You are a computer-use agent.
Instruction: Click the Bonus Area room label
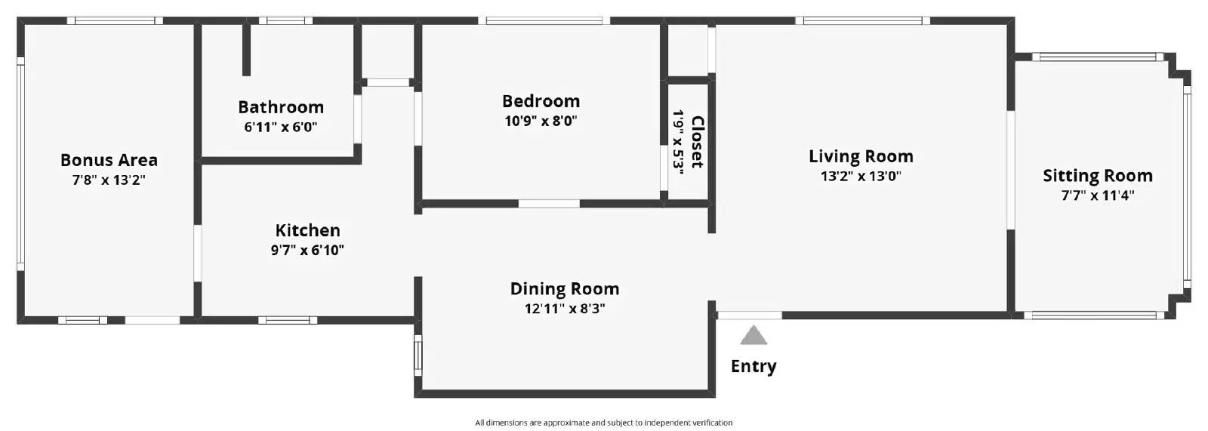[x=109, y=160]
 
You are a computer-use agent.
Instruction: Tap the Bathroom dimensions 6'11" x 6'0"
[x=280, y=128]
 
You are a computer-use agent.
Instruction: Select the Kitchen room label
[x=308, y=230]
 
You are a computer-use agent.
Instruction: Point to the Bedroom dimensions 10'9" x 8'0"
[x=541, y=121]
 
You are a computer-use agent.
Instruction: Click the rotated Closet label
[x=698, y=142]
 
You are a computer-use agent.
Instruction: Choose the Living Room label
[x=861, y=156]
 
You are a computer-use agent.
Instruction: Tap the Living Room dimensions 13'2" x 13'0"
[x=861, y=176]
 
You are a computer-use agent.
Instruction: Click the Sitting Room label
[x=1098, y=176]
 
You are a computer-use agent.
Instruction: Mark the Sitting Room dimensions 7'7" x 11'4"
[x=1098, y=195]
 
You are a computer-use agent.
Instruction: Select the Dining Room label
[x=565, y=289]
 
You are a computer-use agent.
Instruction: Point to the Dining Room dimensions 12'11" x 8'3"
[x=565, y=309]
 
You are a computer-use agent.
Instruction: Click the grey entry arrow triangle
[x=753, y=335]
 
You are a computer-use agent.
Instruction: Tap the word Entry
[x=753, y=366]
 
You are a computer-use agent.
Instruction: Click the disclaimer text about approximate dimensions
[x=603, y=423]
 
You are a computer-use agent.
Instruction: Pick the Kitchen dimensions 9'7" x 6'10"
[x=307, y=251]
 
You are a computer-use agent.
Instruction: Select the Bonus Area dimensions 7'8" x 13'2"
[x=109, y=180]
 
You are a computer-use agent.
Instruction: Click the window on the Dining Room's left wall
[x=418, y=356]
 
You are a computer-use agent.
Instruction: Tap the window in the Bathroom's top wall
[x=285, y=21]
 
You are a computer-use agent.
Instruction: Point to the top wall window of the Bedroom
[x=544, y=21]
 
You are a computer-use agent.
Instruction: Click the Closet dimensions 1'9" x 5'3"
[x=678, y=143]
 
